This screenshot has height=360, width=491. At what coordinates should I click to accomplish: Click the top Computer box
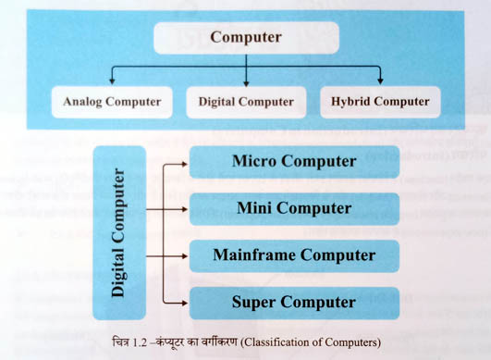pyautogui.click(x=245, y=38)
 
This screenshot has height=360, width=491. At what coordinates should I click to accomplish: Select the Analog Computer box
pyautogui.click(x=112, y=101)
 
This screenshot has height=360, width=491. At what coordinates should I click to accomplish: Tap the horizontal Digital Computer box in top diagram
pyautogui.click(x=246, y=101)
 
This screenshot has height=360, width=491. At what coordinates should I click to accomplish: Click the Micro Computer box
pyautogui.click(x=294, y=161)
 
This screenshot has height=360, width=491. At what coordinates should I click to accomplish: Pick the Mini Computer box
pyautogui.click(x=294, y=207)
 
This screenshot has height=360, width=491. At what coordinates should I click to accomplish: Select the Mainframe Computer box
pyautogui.click(x=294, y=254)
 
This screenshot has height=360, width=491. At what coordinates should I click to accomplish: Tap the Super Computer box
pyautogui.click(x=294, y=302)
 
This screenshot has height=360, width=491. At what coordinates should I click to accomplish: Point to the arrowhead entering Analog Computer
pyautogui.click(x=112, y=81)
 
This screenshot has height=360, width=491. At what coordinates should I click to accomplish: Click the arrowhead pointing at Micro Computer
pyautogui.click(x=184, y=162)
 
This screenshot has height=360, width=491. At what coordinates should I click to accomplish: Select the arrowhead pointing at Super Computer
pyautogui.click(x=184, y=303)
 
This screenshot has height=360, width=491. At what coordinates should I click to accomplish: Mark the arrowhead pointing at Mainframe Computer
pyautogui.click(x=184, y=255)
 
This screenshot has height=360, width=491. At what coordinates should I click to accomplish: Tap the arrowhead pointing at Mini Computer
pyautogui.click(x=184, y=208)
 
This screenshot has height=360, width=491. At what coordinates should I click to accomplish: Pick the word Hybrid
pyautogui.click(x=350, y=101)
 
